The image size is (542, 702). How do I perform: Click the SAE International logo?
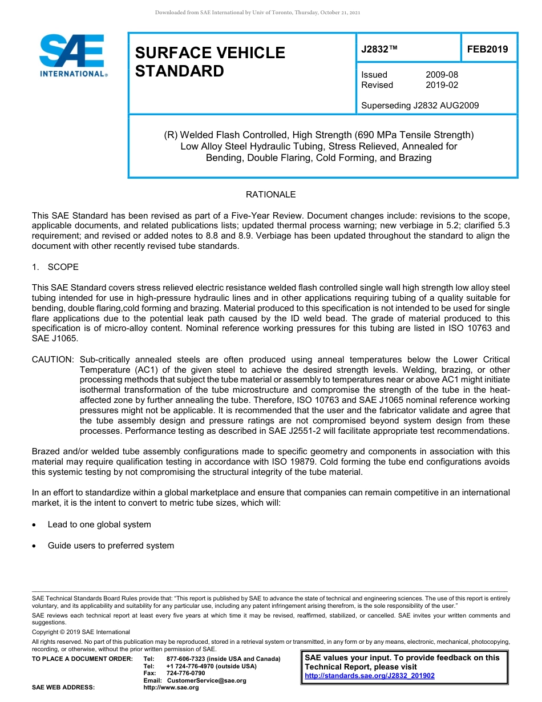(72, 55)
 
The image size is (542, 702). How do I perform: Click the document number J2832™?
(379, 50)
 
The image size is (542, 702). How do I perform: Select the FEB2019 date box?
(487, 50)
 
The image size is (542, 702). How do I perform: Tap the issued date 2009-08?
(442, 75)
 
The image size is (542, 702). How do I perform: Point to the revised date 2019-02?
(442, 85)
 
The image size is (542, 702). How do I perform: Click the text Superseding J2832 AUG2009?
(420, 106)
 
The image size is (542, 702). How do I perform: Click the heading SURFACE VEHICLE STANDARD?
(209, 62)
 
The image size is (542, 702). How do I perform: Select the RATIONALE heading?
(270, 195)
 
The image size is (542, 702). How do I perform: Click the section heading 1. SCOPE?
(55, 267)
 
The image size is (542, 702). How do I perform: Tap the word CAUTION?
(52, 360)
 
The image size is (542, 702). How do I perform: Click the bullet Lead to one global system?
(99, 525)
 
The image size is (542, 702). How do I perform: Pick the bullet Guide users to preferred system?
(111, 546)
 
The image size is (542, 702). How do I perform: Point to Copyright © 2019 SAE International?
(81, 632)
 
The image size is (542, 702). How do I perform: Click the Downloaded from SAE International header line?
(257, 13)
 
